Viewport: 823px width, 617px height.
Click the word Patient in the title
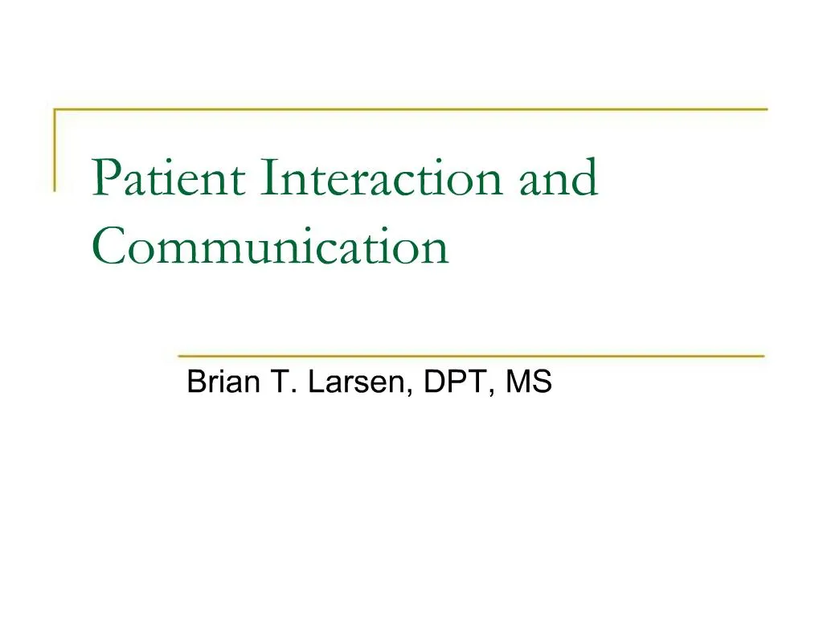(170, 178)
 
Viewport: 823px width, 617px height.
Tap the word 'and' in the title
(559, 178)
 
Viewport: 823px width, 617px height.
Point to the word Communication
(270, 247)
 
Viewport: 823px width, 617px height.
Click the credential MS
(528, 382)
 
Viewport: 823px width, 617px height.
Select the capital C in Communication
(109, 247)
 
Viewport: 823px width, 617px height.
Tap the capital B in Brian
(196, 382)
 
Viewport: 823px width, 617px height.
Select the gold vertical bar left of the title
(55, 149)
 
